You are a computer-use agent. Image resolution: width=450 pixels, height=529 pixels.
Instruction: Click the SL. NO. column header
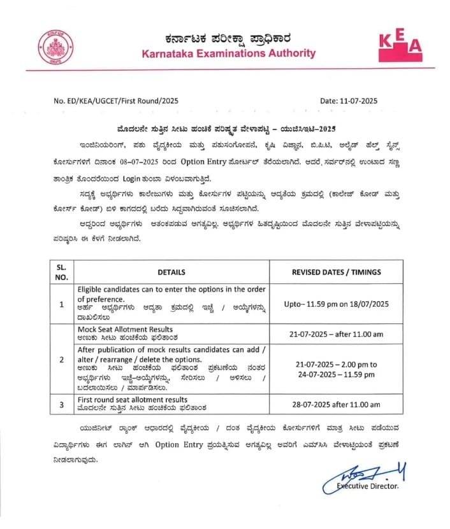tap(62, 271)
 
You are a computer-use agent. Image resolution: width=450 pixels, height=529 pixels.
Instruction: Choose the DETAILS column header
tap(171, 272)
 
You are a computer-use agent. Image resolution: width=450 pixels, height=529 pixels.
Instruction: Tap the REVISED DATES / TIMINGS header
tap(336, 272)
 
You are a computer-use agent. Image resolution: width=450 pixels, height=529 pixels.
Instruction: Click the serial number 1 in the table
tap(62, 304)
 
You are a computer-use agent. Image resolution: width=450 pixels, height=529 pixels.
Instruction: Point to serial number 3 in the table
tap(62, 404)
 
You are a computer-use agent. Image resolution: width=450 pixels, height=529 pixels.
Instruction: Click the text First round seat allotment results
tap(133, 399)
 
